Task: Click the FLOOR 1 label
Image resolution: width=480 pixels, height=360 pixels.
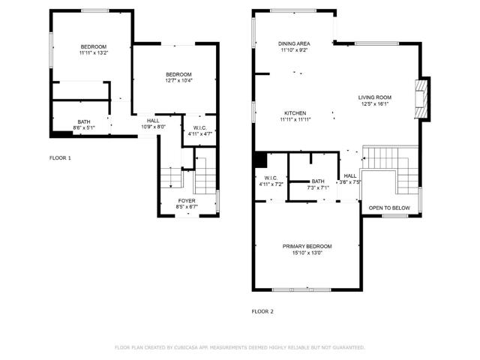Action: click(x=60, y=158)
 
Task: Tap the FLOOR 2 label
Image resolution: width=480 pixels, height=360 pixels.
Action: click(x=262, y=310)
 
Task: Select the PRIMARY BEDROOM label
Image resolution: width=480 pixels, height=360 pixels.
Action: click(x=307, y=246)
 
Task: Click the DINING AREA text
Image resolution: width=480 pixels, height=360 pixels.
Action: click(x=294, y=44)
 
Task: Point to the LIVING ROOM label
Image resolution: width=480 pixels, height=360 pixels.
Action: click(x=374, y=97)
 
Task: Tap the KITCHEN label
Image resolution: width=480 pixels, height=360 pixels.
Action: click(x=294, y=113)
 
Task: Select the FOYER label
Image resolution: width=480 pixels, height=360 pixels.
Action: click(x=187, y=201)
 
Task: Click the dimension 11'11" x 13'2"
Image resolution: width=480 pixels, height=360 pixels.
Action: click(x=94, y=53)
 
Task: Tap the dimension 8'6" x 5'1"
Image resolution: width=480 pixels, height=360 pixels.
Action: click(x=83, y=127)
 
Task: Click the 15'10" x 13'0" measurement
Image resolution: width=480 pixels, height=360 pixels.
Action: click(x=307, y=253)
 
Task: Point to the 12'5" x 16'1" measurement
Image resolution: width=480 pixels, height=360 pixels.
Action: click(x=374, y=103)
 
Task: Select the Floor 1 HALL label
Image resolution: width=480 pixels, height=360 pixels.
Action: click(x=153, y=121)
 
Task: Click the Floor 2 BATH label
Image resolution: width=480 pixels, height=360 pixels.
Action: click(x=318, y=181)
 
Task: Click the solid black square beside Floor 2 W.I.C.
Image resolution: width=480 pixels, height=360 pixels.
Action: click(x=259, y=160)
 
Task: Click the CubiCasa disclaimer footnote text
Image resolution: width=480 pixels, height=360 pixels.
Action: click(x=239, y=347)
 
